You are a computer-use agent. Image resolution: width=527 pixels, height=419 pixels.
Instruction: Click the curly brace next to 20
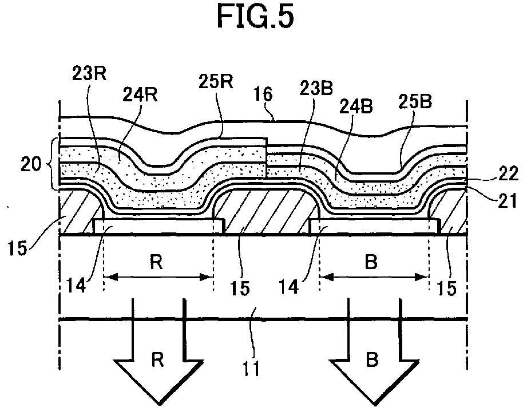pyautogui.click(x=53, y=164)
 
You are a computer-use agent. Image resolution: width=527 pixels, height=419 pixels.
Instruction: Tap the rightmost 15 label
pyautogui.click(x=449, y=287)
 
